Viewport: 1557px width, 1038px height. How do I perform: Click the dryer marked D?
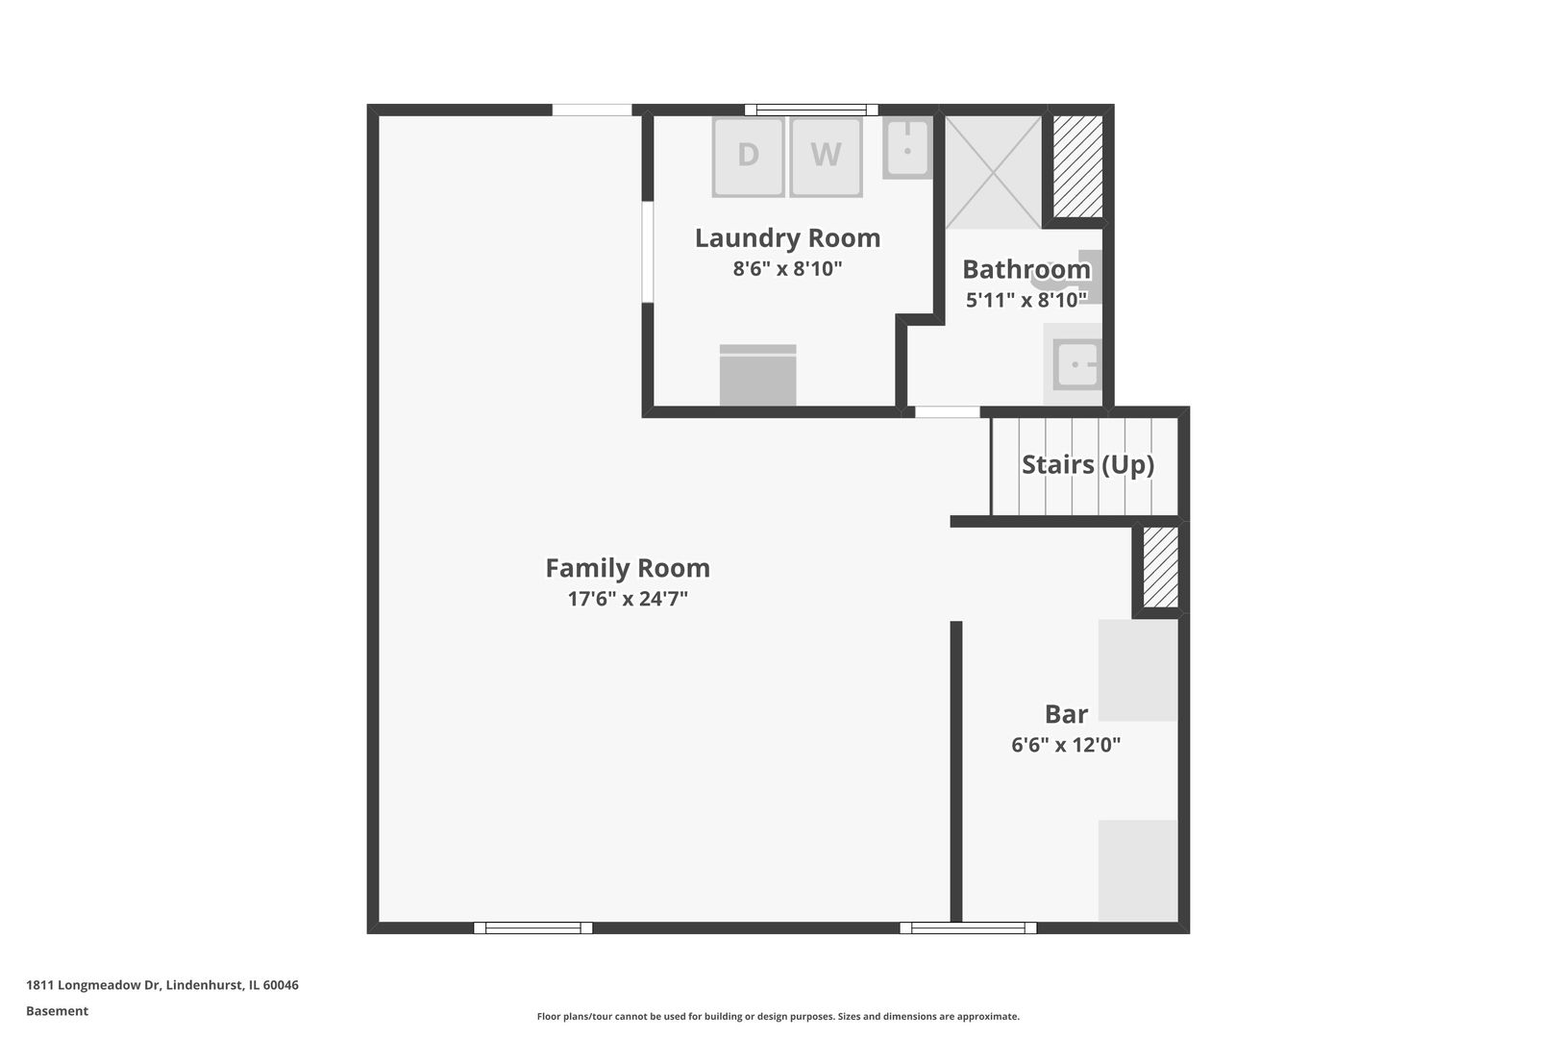click(748, 157)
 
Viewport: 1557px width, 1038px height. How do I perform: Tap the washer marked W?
click(826, 157)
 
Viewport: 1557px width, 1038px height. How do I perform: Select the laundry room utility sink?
click(907, 147)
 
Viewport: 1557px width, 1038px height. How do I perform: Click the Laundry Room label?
click(787, 237)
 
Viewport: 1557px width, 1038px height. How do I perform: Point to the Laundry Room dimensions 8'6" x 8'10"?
click(787, 268)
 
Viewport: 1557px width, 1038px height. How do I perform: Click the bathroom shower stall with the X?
click(993, 172)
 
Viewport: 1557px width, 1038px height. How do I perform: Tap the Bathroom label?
click(1026, 269)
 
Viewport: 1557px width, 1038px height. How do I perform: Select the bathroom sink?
click(1075, 363)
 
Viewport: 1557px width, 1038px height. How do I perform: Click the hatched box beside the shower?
click(1078, 166)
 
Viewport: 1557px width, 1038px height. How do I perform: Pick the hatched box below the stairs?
click(1161, 567)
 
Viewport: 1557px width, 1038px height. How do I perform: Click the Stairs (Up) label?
click(1088, 464)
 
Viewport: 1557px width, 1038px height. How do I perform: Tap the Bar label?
click(1066, 714)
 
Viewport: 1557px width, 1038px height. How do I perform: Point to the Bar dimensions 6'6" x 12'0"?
click(1066, 745)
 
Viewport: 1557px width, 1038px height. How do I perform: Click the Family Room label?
click(628, 568)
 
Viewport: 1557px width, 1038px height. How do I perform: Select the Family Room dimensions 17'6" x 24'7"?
click(628, 599)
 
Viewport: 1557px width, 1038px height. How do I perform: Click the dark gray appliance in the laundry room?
click(757, 375)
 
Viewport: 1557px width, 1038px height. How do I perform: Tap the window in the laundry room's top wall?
click(811, 110)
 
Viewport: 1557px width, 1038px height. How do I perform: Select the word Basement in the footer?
click(57, 1011)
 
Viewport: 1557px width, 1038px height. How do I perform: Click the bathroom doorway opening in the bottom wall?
click(948, 412)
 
